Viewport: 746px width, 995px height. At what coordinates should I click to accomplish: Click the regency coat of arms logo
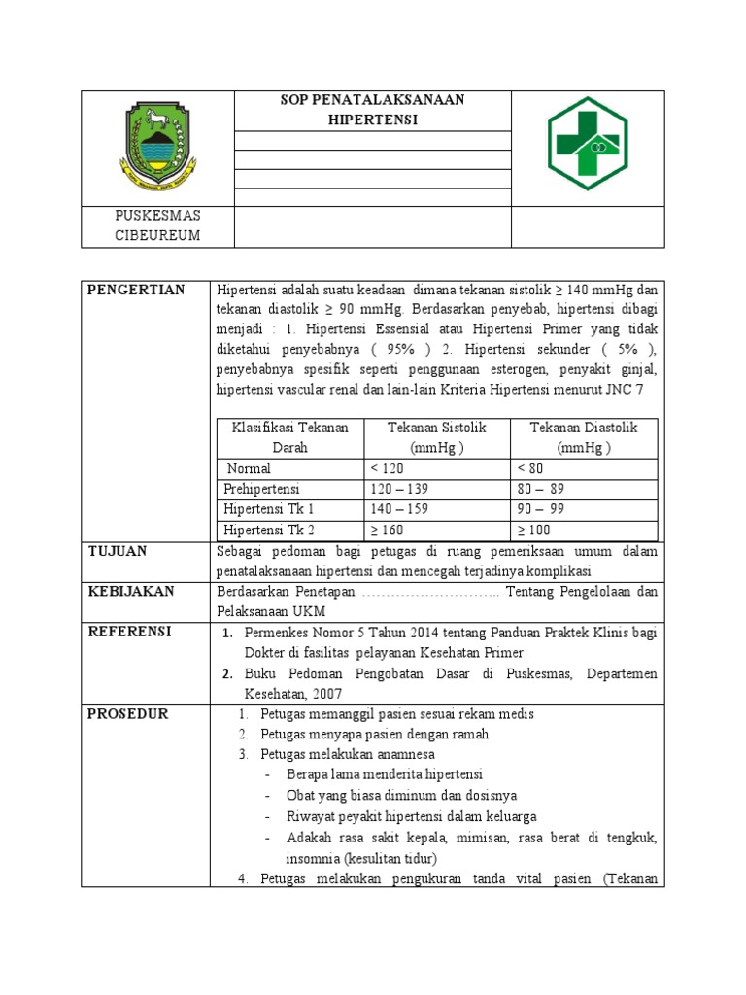coord(157,148)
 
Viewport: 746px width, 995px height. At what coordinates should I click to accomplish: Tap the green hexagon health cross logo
coord(588,143)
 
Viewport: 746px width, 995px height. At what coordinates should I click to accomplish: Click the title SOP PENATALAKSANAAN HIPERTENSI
coord(373,111)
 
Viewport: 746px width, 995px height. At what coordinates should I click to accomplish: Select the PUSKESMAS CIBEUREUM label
coord(157,225)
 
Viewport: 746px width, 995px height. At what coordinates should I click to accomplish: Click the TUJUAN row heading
coord(119,551)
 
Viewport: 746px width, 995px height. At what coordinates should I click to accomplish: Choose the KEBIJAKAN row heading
coord(131,591)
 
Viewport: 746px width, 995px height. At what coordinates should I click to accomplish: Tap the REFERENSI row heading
coord(130,632)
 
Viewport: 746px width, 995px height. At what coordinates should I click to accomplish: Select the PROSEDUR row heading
coord(128,713)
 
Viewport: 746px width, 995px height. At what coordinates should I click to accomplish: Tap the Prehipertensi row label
coord(262,489)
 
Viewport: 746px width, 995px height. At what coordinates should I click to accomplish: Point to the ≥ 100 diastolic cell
coord(534,530)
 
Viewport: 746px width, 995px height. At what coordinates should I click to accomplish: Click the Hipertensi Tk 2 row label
coord(269,530)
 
